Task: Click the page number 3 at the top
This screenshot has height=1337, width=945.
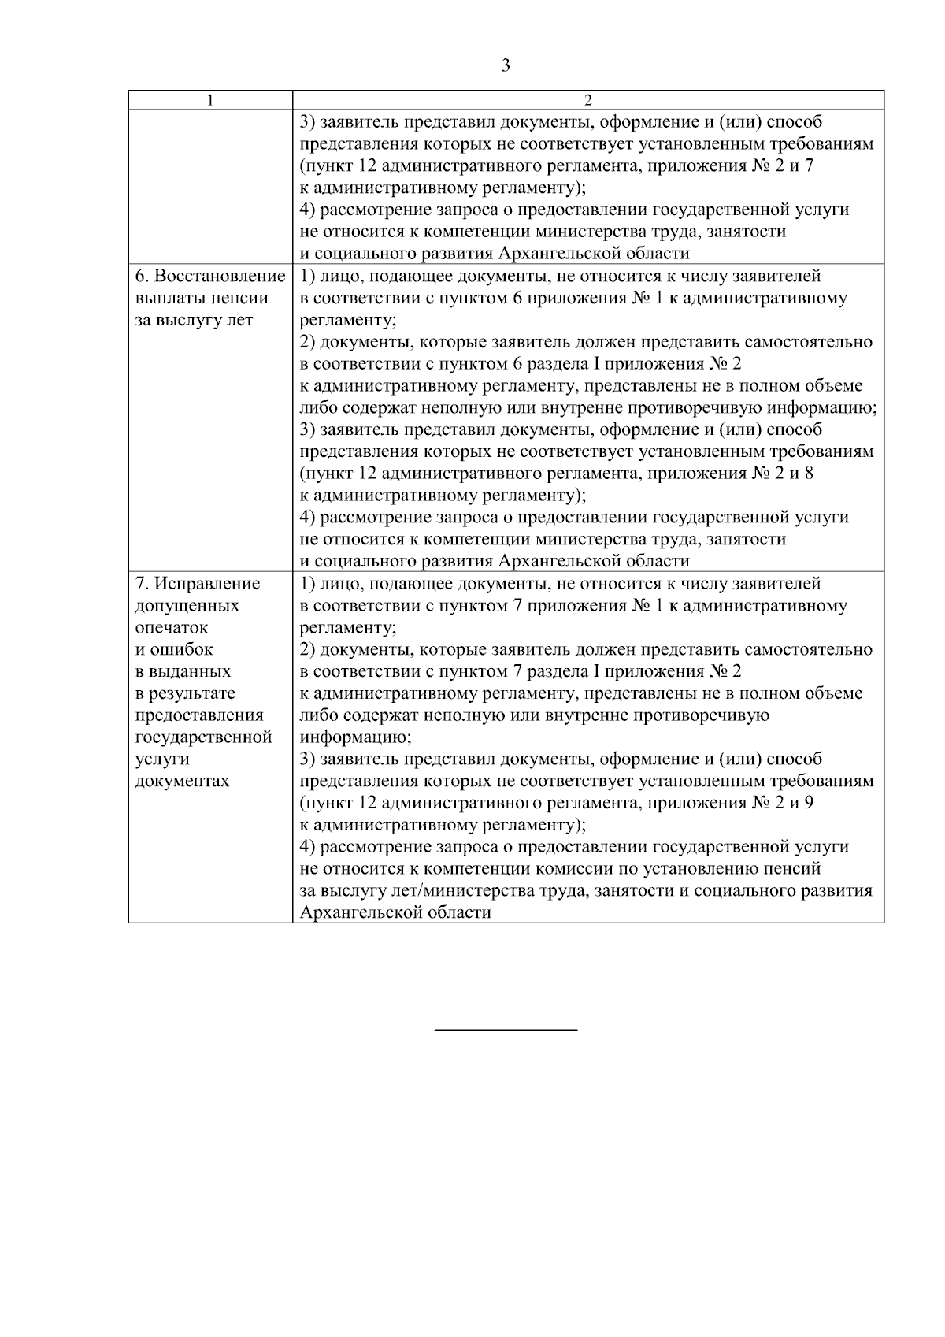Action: click(x=506, y=66)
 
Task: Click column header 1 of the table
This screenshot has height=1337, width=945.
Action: click(x=209, y=100)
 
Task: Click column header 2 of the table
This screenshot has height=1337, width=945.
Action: click(x=587, y=100)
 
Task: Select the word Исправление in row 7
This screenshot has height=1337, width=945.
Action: click(x=207, y=584)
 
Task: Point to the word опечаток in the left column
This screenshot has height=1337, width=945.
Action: click(x=172, y=628)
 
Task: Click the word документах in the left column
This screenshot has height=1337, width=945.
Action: click(x=183, y=782)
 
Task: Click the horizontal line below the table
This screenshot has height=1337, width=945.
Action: click(x=506, y=1030)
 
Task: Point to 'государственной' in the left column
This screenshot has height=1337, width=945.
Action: click(x=204, y=737)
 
